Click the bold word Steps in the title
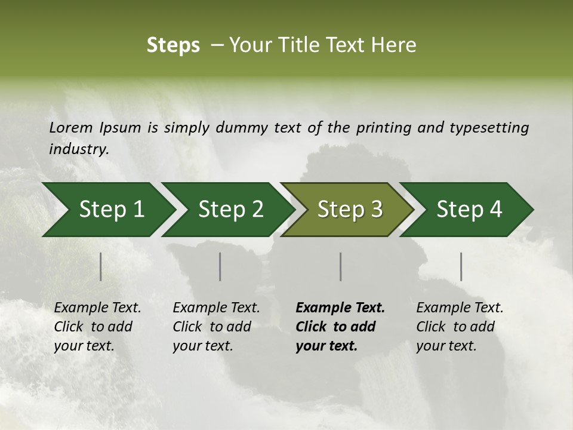[173, 45]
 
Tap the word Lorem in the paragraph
[71, 127]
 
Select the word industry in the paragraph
[78, 149]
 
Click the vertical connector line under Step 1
[101, 266]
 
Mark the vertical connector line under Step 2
[220, 266]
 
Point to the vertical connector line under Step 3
[341, 266]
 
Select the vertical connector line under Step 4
[461, 266]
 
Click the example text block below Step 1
[97, 327]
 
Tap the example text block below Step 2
[216, 327]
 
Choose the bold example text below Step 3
[340, 327]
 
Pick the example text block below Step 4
[460, 327]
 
